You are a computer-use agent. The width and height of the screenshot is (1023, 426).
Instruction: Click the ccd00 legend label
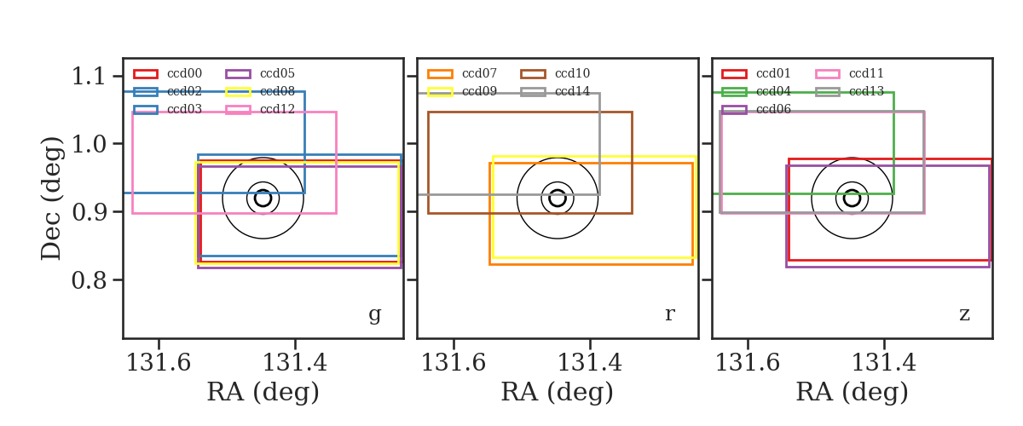(184, 73)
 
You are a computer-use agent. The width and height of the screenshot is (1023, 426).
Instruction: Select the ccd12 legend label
(277, 110)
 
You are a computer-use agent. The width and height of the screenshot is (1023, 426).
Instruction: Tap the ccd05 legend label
(277, 73)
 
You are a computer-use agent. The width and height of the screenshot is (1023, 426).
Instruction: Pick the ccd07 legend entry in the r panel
(479, 73)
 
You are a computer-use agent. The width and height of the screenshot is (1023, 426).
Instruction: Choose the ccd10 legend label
(572, 73)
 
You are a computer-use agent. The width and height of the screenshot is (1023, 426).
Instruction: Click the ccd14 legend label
(572, 91)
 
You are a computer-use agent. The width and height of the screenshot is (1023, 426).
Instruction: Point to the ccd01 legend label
(773, 73)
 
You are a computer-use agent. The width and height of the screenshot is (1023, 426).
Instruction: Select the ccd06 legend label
(773, 110)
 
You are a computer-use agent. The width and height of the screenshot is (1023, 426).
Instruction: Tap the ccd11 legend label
(866, 73)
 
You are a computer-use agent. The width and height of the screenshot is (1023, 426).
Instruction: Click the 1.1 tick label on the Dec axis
(89, 76)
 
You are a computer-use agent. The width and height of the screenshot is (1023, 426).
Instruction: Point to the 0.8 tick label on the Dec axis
(89, 280)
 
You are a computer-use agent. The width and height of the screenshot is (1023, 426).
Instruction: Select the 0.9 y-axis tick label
(89, 212)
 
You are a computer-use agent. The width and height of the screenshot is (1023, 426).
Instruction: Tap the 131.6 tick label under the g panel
(159, 363)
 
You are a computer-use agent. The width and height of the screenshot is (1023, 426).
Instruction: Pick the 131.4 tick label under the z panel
(884, 363)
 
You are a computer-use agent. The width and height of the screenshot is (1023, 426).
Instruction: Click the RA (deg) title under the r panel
(558, 392)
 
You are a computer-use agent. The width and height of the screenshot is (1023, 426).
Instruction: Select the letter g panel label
(374, 314)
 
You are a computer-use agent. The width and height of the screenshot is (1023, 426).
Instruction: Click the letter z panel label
(964, 314)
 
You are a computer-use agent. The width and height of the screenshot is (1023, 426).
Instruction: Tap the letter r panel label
(669, 314)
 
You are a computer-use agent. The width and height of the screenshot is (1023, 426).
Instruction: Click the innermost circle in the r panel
(558, 190)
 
